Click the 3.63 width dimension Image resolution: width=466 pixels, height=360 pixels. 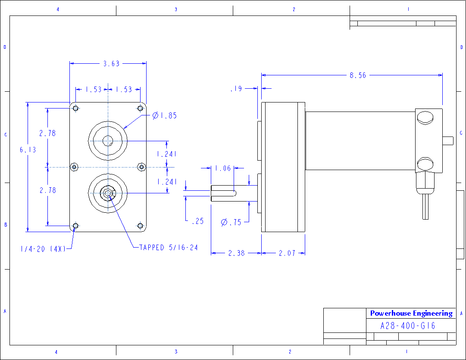[111, 63]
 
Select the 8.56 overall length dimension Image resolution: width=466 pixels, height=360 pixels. [358, 75]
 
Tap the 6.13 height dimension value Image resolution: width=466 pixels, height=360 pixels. [28, 150]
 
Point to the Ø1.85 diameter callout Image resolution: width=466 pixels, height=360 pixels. [165, 115]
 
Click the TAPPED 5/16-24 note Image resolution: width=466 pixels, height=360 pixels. [169, 248]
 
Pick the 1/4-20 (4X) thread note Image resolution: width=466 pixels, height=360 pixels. [43, 249]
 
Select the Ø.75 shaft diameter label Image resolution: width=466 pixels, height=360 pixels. [231, 222]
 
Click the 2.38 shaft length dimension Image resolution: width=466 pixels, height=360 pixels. [237, 253]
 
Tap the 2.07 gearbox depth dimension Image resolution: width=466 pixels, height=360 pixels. [287, 253]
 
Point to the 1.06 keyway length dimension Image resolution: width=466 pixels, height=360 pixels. [223, 168]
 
